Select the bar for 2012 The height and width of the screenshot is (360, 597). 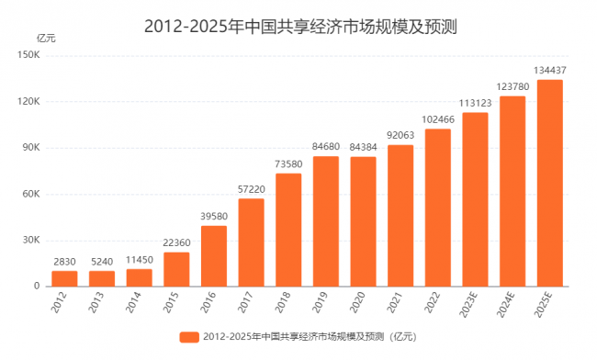click(x=64, y=278)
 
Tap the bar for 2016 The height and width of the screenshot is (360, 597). click(x=213, y=256)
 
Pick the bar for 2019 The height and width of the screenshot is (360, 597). click(x=326, y=221)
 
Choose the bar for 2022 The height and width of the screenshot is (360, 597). click(x=438, y=208)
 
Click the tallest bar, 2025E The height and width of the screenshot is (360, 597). click(x=550, y=183)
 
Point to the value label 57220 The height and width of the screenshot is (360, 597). click(x=251, y=188)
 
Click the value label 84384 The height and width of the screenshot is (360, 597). click(x=363, y=147)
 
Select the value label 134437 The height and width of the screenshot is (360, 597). click(x=550, y=70)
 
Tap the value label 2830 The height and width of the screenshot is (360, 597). click(x=64, y=262)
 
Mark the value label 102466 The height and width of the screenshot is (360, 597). click(x=438, y=118)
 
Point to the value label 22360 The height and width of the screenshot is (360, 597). click(x=176, y=242)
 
